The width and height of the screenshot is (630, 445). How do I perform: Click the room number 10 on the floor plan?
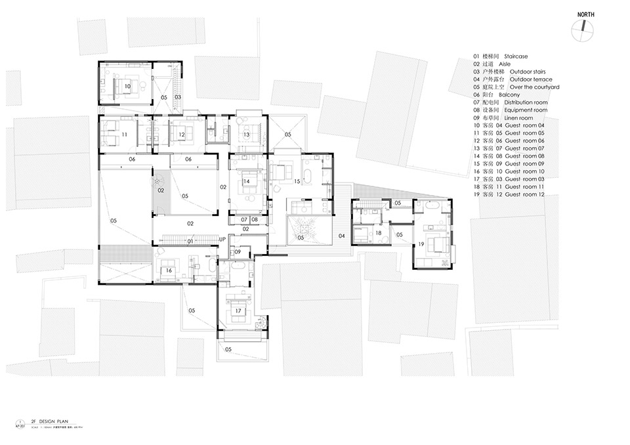127,86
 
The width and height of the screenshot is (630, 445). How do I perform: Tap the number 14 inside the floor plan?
246,181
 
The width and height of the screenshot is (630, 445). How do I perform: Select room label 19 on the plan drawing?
421,245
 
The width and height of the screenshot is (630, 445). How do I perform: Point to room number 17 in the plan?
238,310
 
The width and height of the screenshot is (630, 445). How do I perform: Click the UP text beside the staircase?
222,239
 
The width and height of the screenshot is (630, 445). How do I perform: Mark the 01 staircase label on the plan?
190,242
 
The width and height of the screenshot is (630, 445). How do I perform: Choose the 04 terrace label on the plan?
341,235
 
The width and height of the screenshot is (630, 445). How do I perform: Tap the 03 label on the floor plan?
177,97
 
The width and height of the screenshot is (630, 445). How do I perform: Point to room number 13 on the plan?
246,135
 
